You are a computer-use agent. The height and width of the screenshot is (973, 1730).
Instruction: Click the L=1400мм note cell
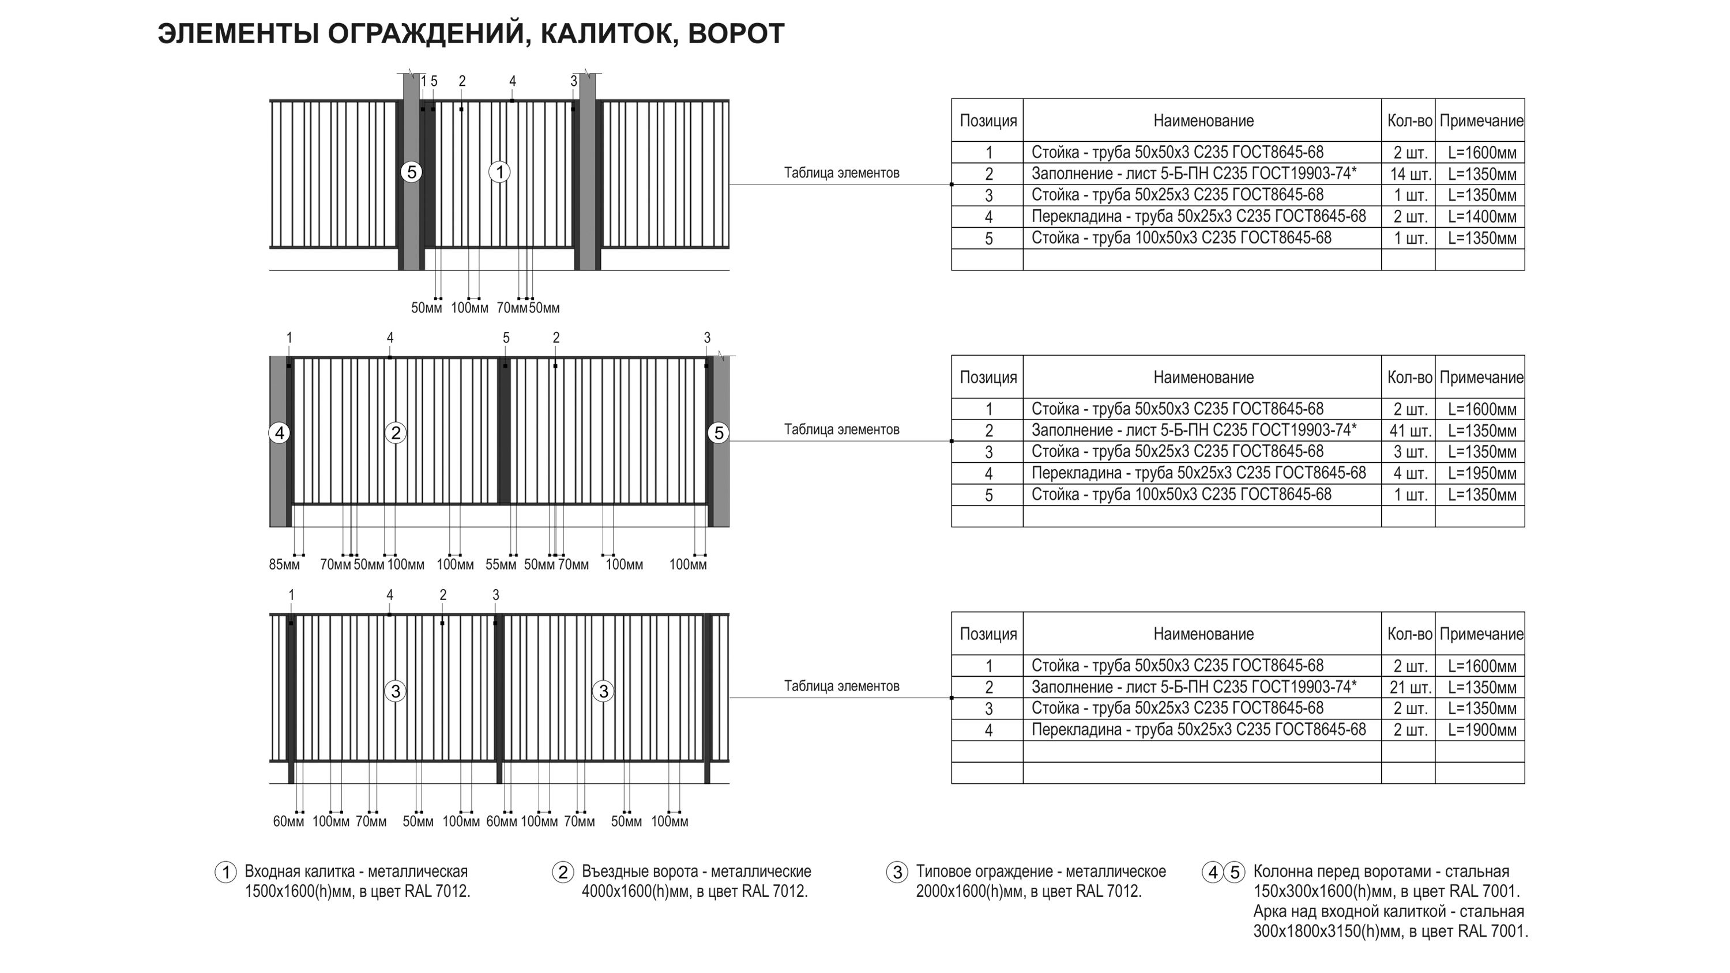[x=1481, y=217]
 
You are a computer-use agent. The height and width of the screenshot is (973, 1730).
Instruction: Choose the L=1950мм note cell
[x=1481, y=473]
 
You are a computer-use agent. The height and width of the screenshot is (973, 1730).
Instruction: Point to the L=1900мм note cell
[x=1481, y=730]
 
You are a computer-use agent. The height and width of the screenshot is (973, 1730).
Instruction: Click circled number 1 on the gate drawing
[x=499, y=172]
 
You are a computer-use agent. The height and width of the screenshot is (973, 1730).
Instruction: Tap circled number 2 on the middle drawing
[x=396, y=433]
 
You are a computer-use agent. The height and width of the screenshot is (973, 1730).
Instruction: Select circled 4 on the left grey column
[x=279, y=433]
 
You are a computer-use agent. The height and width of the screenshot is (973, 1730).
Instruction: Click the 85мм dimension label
[x=284, y=565]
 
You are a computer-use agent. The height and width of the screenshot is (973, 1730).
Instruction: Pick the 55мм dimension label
[x=501, y=565]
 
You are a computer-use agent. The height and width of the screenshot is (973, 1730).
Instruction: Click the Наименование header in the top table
[x=1203, y=121]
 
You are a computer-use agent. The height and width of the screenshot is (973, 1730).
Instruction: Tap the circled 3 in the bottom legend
[x=897, y=872]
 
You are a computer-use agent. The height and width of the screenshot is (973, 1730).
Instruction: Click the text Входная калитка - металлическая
[x=356, y=872]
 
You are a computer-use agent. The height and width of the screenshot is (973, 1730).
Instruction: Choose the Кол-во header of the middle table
[x=1409, y=378]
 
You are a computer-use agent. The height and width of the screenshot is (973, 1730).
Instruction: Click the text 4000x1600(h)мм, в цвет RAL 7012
[x=694, y=892]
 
